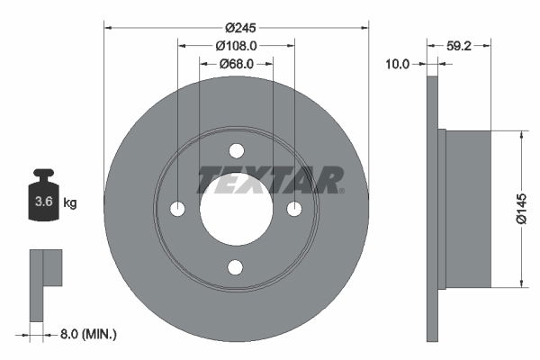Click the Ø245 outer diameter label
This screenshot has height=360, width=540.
(x=236, y=25)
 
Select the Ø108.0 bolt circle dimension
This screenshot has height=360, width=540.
(x=237, y=45)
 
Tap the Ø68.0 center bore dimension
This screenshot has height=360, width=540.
(x=237, y=64)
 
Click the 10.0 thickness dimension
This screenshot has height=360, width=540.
(x=397, y=64)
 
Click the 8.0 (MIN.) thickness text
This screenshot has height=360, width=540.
(x=86, y=334)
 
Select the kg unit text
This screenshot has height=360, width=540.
(x=70, y=203)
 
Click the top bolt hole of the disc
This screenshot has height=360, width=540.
(x=236, y=150)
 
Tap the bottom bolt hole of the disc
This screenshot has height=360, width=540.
(x=236, y=266)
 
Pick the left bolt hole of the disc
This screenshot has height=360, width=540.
(x=177, y=209)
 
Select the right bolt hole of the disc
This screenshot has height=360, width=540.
(x=294, y=209)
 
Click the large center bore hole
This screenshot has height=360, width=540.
(x=236, y=209)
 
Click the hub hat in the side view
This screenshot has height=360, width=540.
(x=468, y=209)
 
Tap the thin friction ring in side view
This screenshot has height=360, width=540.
(x=432, y=209)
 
